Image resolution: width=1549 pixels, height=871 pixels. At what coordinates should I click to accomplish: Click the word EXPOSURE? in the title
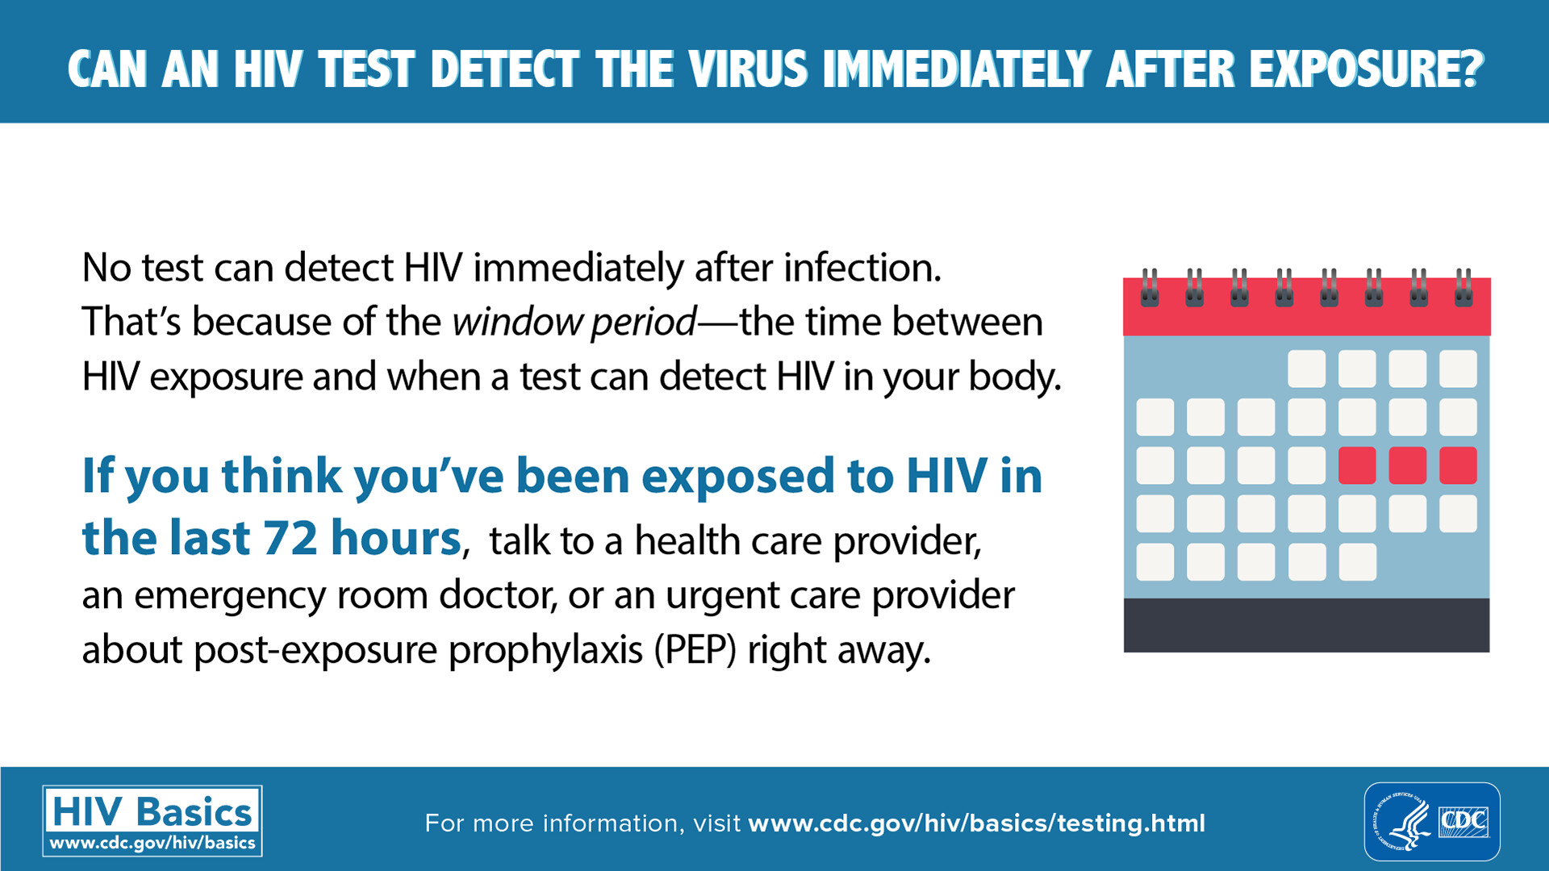pyautogui.click(x=1367, y=69)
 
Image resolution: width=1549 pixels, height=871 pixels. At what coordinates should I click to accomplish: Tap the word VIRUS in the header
pyautogui.click(x=749, y=69)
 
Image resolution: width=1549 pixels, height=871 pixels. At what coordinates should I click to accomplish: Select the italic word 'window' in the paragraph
pyautogui.click(x=516, y=322)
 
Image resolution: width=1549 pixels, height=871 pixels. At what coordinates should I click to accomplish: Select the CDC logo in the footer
pyautogui.click(x=1463, y=822)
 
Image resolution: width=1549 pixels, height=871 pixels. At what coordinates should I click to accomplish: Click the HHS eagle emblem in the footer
pyautogui.click(x=1402, y=822)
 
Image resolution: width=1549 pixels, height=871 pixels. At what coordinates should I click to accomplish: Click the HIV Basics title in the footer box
pyautogui.click(x=152, y=811)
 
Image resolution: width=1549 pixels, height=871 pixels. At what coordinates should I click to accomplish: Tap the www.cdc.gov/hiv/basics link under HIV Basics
pyautogui.click(x=152, y=844)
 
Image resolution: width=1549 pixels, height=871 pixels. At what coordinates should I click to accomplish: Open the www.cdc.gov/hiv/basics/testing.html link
pyautogui.click(x=977, y=823)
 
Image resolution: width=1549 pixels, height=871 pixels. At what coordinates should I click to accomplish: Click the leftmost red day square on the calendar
pyautogui.click(x=1357, y=466)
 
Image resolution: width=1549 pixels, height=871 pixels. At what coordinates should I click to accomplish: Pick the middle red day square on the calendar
pyautogui.click(x=1408, y=466)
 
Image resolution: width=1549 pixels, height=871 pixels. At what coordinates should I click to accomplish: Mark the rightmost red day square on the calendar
pyautogui.click(x=1458, y=466)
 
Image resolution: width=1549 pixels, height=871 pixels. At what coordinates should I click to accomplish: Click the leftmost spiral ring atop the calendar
pyautogui.click(x=1150, y=287)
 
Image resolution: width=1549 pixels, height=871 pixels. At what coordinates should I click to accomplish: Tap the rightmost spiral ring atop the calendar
pyautogui.click(x=1463, y=287)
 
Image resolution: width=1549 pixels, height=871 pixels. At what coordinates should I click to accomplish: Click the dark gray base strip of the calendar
pyautogui.click(x=1307, y=625)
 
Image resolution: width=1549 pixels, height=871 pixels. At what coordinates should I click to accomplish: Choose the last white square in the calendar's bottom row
pyautogui.click(x=1357, y=562)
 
